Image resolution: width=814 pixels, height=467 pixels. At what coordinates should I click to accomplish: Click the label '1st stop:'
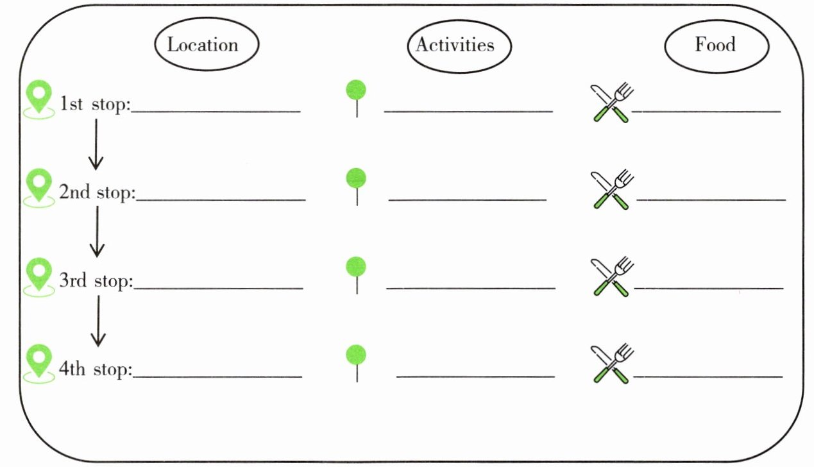click(x=95, y=104)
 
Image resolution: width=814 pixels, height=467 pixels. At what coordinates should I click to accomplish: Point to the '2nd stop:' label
click(x=97, y=192)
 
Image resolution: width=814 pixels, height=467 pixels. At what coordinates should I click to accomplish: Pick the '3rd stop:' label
click(x=96, y=280)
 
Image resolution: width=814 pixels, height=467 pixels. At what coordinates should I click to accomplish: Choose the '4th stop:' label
click(x=96, y=369)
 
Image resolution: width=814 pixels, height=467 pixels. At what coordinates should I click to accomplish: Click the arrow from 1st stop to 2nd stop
click(x=96, y=144)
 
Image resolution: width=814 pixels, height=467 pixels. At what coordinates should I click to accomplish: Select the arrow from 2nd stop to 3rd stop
click(x=97, y=232)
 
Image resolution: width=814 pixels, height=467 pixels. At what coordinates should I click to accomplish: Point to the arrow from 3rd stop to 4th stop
click(x=98, y=321)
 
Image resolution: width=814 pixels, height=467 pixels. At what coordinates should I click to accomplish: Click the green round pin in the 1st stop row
click(x=356, y=90)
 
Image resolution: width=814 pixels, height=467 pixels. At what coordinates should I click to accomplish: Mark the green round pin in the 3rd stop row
click(x=356, y=267)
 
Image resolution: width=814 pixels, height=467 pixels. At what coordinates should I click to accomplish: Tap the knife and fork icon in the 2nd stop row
click(x=612, y=189)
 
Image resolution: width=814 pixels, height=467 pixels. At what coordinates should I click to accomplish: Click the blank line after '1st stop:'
click(x=216, y=111)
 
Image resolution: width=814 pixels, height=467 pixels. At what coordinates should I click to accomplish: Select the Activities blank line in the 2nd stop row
click(x=468, y=200)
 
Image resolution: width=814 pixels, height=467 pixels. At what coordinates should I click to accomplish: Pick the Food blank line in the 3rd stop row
click(x=709, y=288)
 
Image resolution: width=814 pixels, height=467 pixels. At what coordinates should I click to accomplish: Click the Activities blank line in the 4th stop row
click(x=475, y=377)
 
